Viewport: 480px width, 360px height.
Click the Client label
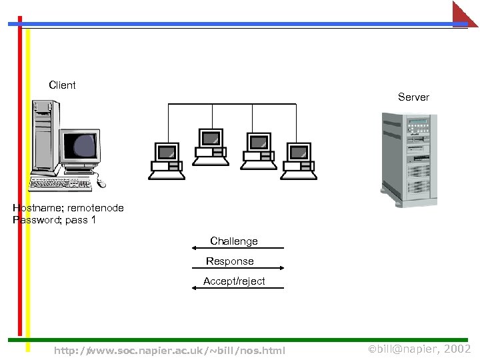click(62, 85)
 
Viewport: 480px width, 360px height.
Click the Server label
click(413, 97)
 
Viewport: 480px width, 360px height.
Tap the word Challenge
click(233, 241)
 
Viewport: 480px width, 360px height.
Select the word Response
click(229, 261)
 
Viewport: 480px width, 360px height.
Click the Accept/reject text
click(234, 281)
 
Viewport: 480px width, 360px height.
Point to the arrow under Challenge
click(238, 249)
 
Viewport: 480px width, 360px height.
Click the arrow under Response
click(238, 268)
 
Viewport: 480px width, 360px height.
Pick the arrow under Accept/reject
click(238, 289)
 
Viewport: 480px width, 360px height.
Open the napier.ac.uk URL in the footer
click(169, 351)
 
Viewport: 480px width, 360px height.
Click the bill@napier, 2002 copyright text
click(419, 349)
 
